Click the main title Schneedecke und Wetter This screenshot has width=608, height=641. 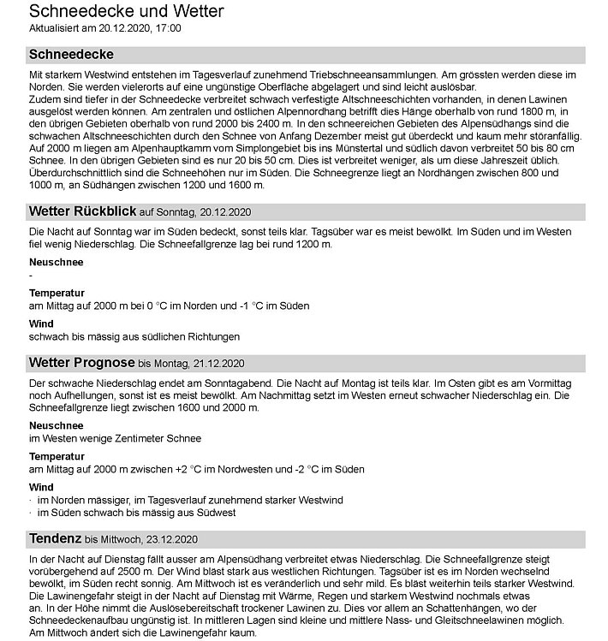pyautogui.click(x=126, y=11)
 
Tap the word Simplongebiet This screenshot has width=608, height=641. pyautogui.click(x=261, y=148)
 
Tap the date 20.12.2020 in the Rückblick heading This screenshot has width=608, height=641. pyautogui.click(x=225, y=212)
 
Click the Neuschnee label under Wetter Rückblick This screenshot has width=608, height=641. pyautogui.click(x=56, y=262)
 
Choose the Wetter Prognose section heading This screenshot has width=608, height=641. pyautogui.click(x=81, y=362)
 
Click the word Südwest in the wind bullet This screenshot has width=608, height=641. pyautogui.click(x=212, y=513)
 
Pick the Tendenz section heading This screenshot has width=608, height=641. pyautogui.click(x=55, y=538)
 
